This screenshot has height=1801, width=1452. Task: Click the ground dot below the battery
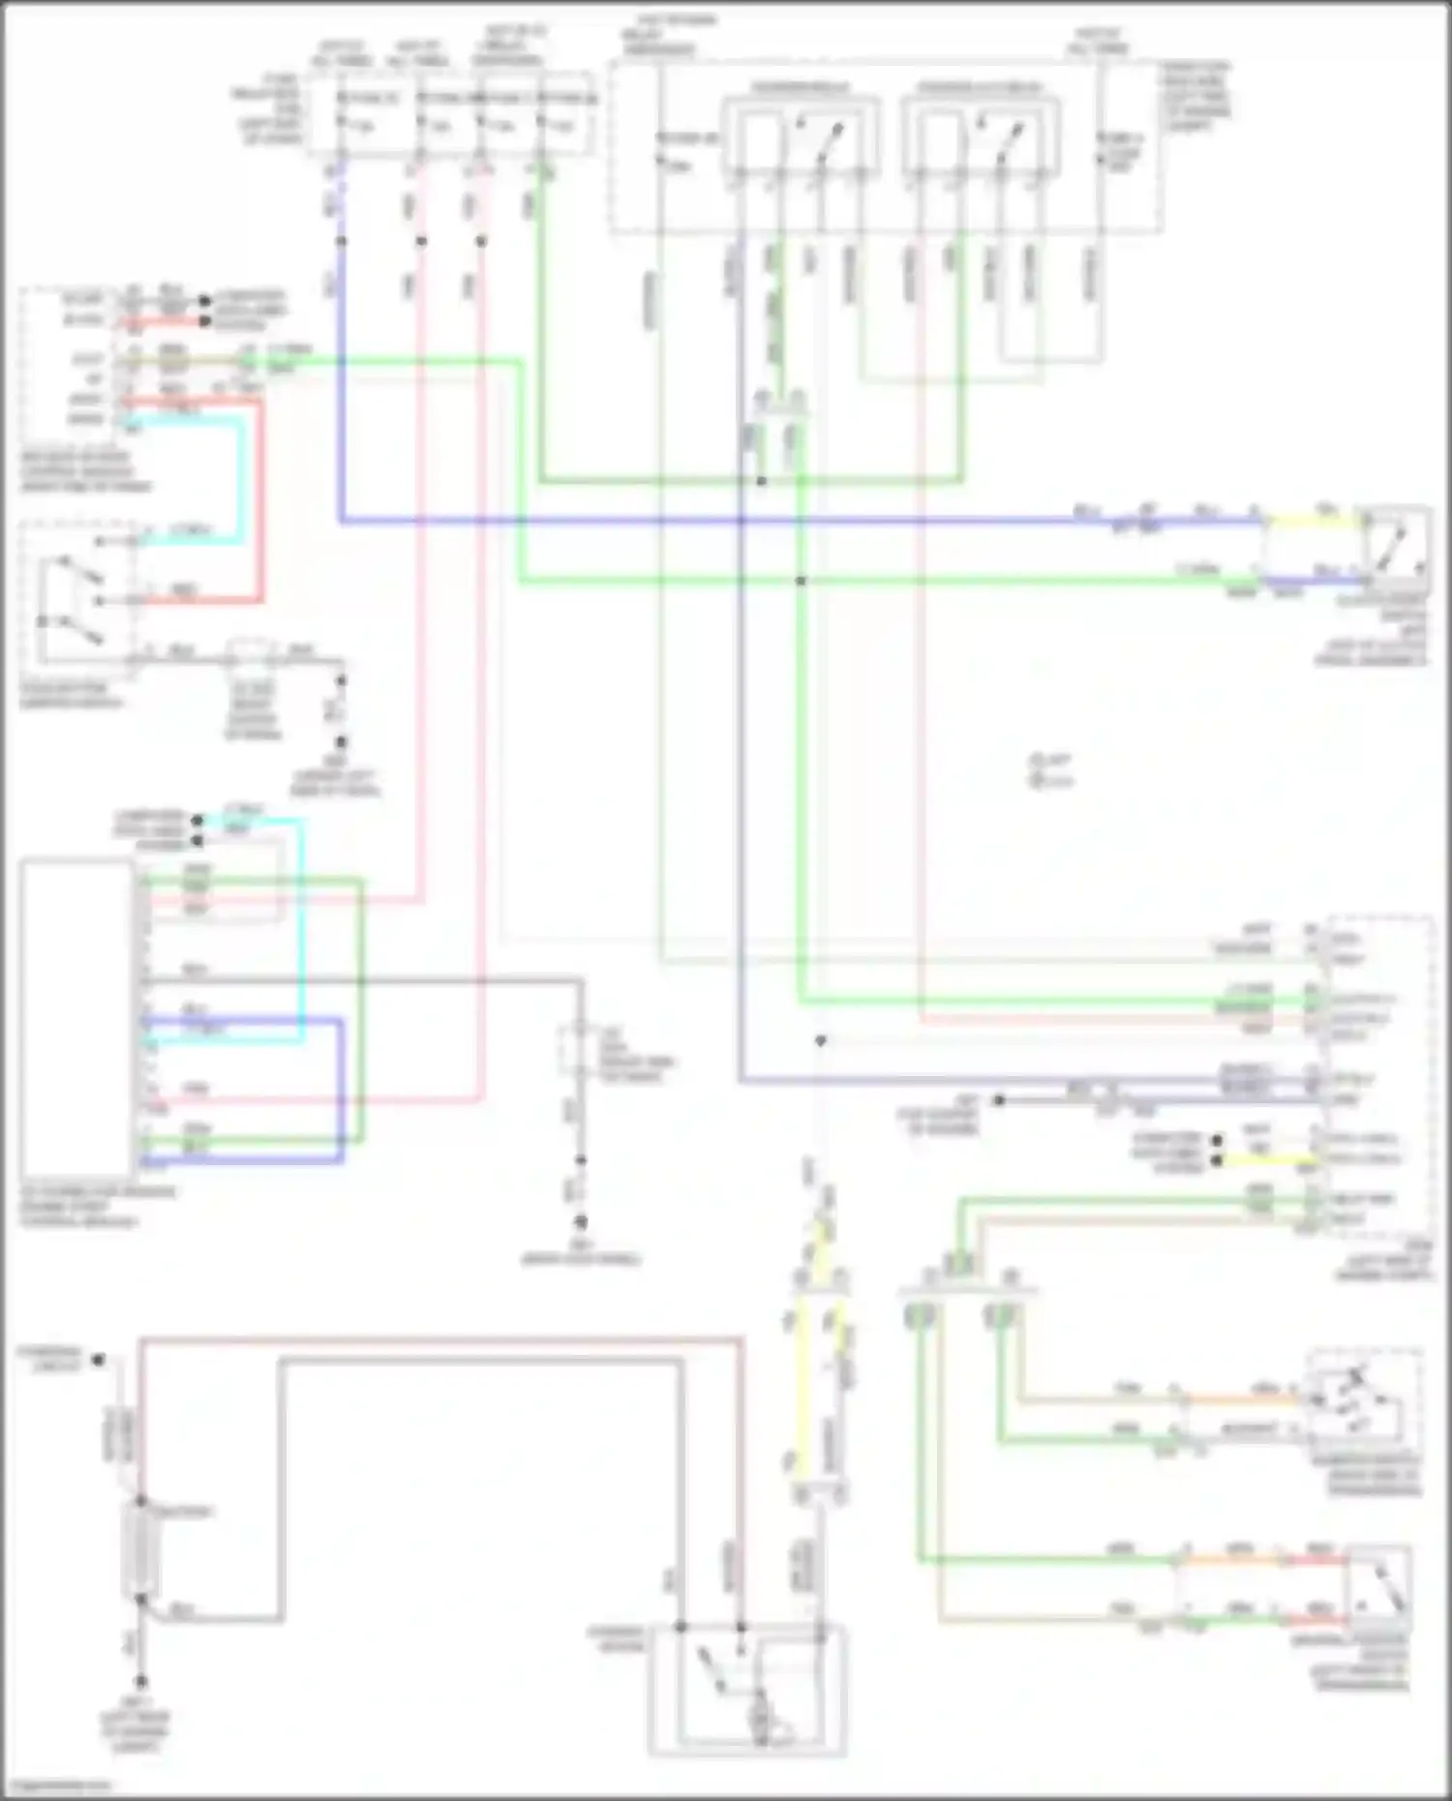point(140,1682)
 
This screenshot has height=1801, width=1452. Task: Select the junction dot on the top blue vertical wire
point(341,240)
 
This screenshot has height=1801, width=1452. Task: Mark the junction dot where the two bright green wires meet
point(801,581)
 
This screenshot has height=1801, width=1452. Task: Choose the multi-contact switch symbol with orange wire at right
point(1360,1403)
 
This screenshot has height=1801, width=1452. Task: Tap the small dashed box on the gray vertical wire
point(579,1050)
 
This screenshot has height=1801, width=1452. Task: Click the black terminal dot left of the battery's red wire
point(98,1360)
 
